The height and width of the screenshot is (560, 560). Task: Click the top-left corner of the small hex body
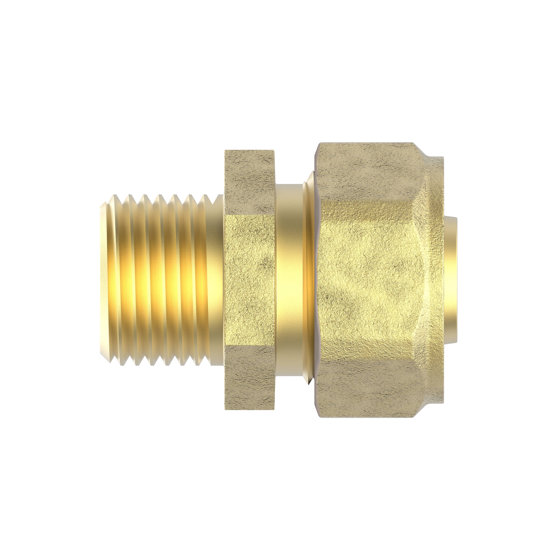point(225,151)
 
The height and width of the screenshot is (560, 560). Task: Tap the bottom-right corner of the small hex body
point(274,409)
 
